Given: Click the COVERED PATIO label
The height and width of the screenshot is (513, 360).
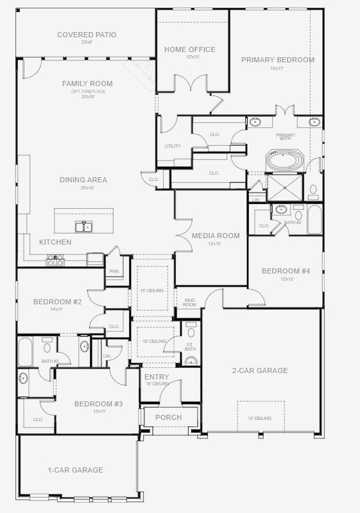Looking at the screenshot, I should pos(87,35).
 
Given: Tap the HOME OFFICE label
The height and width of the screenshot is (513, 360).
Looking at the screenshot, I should pos(189,49).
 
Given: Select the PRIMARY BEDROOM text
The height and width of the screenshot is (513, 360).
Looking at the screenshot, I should pos(277,60).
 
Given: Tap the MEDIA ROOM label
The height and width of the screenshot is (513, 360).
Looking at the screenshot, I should pos(216,236).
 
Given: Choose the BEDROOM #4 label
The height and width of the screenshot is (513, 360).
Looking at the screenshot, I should pos(286,271).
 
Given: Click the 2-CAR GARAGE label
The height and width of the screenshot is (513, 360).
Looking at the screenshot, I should pos(260,370).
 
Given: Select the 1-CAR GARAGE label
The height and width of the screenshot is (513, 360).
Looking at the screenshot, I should pos(75,470).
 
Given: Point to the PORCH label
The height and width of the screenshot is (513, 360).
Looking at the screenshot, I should pos(169,417).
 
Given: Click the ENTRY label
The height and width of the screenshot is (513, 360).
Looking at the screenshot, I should pos(157,377).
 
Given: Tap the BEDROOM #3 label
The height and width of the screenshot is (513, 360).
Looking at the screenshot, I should pos(98,404).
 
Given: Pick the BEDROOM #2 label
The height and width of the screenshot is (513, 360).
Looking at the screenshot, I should pos(57,302).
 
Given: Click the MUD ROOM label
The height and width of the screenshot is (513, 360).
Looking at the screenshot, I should pos(190,302).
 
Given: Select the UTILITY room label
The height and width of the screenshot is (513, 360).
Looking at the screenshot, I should pos(173,146).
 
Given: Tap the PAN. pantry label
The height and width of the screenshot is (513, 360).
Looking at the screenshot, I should pos(114,271).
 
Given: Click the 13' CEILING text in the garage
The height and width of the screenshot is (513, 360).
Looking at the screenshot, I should pos(261,418).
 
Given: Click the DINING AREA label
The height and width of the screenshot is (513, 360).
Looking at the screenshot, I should pos(83,180).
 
